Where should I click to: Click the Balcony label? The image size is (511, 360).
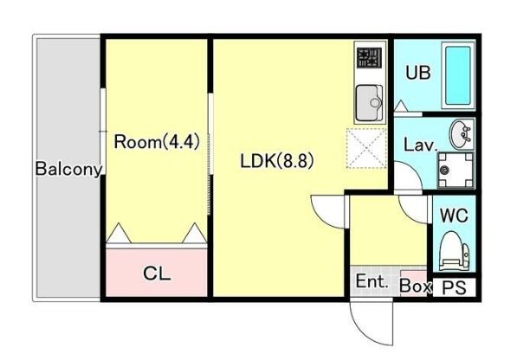point(68,170)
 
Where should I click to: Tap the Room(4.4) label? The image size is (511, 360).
point(157,142)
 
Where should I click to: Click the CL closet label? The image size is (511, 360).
point(157,273)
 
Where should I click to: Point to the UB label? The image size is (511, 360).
point(418,73)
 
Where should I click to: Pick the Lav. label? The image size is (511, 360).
point(420,145)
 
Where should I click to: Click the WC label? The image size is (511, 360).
point(454,215)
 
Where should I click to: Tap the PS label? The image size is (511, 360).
point(455,287)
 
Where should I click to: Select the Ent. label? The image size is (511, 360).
point(372,281)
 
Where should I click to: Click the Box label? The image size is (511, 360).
point(416,286)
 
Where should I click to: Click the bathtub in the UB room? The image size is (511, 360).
point(458,75)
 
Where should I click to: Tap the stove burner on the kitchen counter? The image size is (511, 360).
point(369,58)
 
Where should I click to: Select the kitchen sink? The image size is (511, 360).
point(369,103)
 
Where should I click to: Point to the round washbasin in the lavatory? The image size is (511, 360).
point(461,133)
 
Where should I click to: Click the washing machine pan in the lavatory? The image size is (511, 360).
point(455,170)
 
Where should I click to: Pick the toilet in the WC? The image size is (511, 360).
point(454,250)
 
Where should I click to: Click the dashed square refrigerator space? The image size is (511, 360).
point(366,148)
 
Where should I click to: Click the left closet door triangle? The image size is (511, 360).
point(119,233)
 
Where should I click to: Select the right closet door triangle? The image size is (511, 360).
point(195,233)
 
